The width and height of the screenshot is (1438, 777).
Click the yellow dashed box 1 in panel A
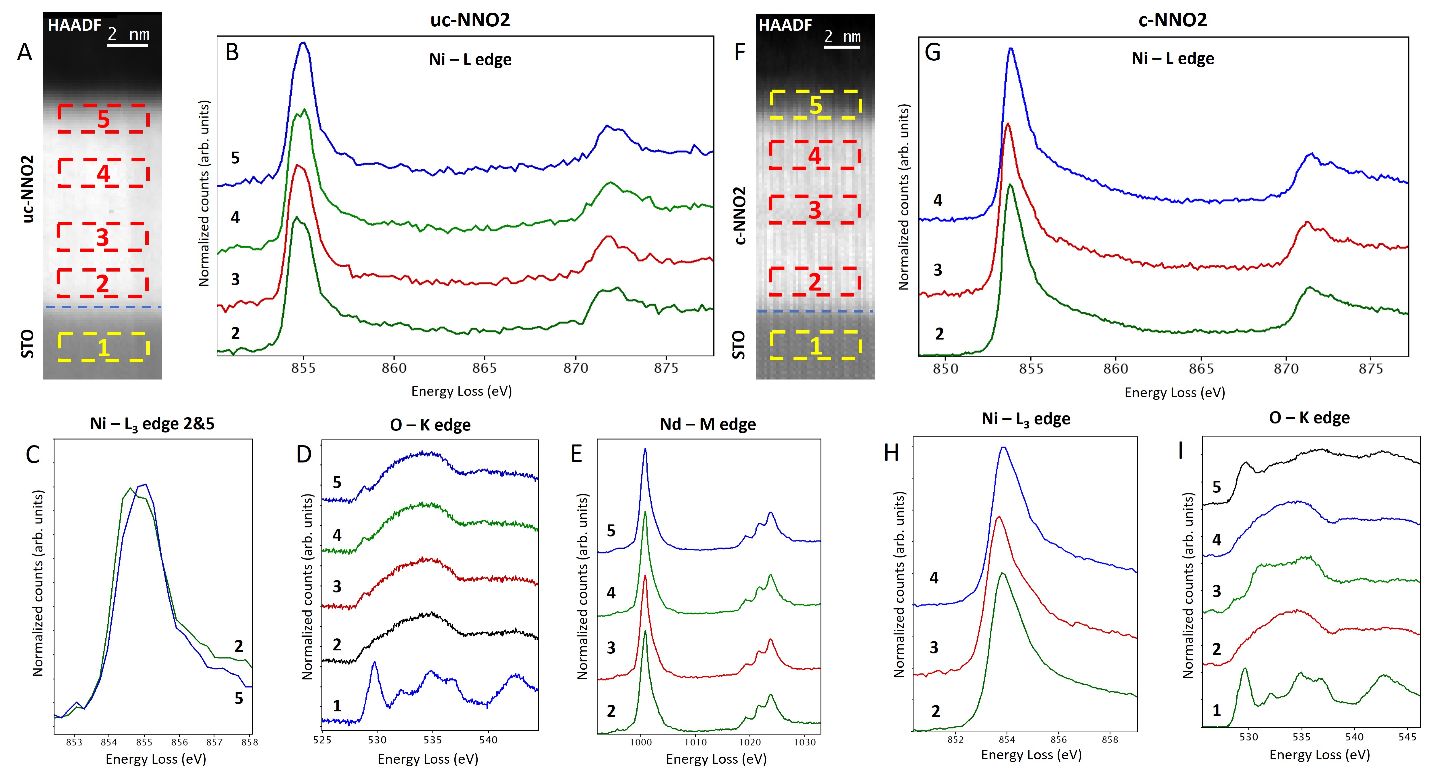[103, 347]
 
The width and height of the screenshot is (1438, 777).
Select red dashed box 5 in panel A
[103, 118]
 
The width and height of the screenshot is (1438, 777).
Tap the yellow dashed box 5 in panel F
[816, 104]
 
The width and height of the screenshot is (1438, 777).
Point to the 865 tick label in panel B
[484, 369]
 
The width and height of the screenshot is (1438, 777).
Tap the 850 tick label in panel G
[946, 369]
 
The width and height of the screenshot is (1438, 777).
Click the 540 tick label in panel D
[488, 740]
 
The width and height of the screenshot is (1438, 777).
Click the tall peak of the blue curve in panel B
[303, 43]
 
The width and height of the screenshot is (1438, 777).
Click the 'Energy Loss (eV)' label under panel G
[1175, 392]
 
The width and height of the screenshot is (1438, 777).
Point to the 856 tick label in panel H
[1058, 740]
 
